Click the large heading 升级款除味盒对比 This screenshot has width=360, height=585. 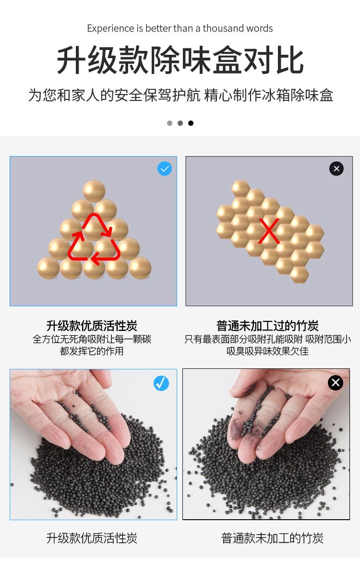point(180,60)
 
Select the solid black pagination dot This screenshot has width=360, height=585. point(191,123)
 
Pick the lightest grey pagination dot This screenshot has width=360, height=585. point(170,123)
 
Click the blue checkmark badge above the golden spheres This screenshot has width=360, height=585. point(165,169)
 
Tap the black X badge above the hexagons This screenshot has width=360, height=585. point(336,169)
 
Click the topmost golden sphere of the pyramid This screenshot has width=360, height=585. point(94,191)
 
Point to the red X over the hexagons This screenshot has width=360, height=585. point(269,231)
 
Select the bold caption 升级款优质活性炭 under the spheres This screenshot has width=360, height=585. point(92,326)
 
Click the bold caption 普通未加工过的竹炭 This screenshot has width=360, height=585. point(267,326)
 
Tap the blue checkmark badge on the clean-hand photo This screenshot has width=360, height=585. point(161,383)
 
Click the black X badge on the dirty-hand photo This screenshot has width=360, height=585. point(335,383)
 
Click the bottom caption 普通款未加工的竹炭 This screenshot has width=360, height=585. point(272,538)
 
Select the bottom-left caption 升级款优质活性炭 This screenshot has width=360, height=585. point(92,538)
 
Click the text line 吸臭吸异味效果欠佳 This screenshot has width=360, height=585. point(267,351)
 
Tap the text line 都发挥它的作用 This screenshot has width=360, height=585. point(92,351)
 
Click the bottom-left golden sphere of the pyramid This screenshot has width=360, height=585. point(48,268)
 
